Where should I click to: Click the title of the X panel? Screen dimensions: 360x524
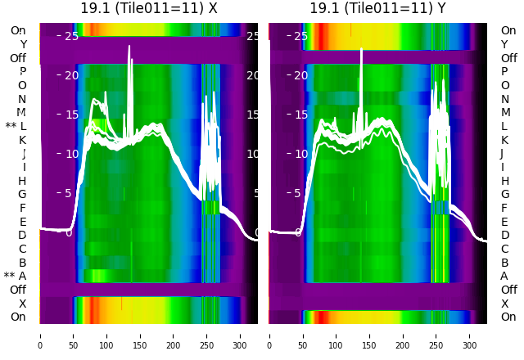[149, 8]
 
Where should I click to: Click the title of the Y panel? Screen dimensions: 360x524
[378, 8]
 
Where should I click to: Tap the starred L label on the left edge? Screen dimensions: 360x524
[16, 127]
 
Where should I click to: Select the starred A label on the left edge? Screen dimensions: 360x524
[16, 277]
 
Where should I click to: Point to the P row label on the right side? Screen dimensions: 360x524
[504, 72]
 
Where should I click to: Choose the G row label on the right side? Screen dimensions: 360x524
[504, 195]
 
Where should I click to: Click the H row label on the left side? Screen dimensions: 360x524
[22, 181]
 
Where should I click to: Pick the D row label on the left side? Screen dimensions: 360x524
[22, 236]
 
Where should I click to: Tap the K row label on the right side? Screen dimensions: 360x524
[504, 140]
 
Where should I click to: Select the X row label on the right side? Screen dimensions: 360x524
[504, 304]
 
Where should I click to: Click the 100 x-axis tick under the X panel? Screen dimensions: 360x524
[106, 335]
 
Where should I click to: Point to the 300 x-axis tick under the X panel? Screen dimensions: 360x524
[240, 335]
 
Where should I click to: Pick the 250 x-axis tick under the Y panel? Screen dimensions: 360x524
[436, 335]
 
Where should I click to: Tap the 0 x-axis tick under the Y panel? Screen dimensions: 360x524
[269, 335]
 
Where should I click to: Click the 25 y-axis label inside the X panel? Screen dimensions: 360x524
[71, 36]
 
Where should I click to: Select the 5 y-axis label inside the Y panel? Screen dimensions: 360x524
[298, 194]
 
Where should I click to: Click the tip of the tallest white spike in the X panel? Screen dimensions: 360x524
[129, 47]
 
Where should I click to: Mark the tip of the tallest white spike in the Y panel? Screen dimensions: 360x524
[361, 50]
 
